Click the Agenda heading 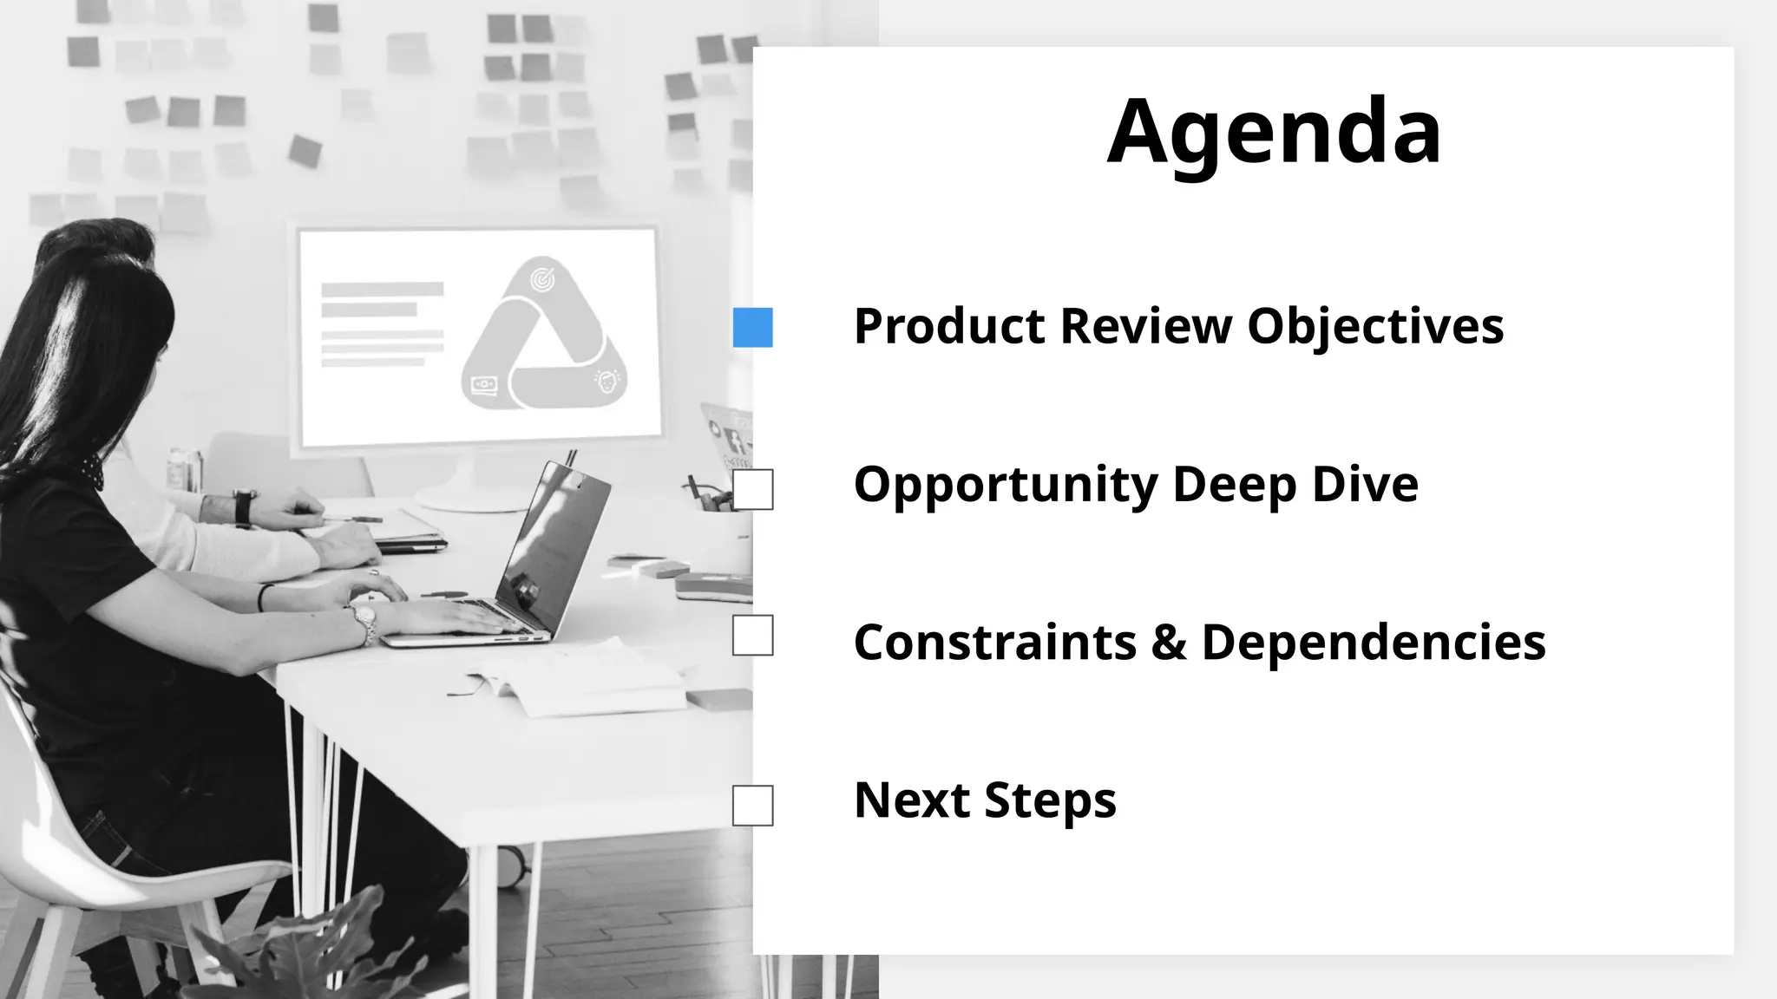tap(1274, 132)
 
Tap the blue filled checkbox tap(752, 328)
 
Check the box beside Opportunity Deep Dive tap(752, 490)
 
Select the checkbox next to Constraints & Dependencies tap(752, 636)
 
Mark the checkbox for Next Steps tap(752, 806)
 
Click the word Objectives tap(1375, 327)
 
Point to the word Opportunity tap(1006, 485)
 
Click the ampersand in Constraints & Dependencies tap(1169, 643)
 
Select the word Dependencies tap(1374, 643)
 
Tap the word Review tap(1146, 327)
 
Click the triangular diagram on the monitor tap(544, 338)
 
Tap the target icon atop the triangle tap(543, 279)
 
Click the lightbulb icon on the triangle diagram tap(607, 381)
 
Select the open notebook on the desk tap(577, 681)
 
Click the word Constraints tap(994, 643)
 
